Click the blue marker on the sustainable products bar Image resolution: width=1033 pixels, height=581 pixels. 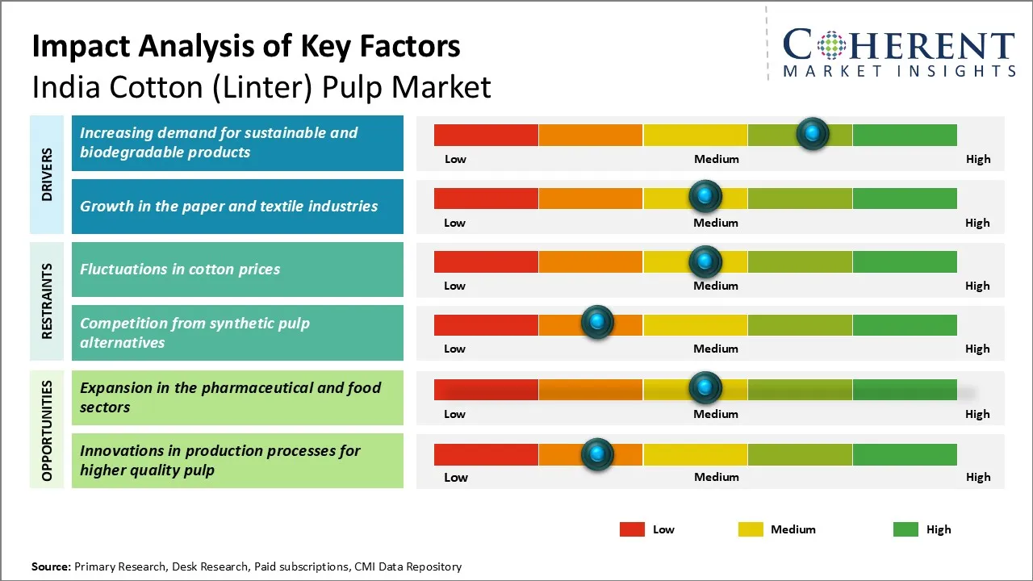[813, 133]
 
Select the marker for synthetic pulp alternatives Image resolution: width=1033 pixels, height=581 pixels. [597, 323]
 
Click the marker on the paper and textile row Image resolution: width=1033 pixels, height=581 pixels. [705, 196]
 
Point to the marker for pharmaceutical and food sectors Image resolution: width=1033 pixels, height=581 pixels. [705, 388]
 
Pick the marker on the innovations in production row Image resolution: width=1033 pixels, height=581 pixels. [597, 454]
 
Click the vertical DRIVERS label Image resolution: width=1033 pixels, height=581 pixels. [47, 174]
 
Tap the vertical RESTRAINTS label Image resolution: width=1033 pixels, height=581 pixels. [47, 300]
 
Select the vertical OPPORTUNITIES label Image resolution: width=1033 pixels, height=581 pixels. [47, 431]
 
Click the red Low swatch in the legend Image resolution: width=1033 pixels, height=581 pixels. [632, 529]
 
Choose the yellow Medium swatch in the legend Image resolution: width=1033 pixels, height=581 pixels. [751, 529]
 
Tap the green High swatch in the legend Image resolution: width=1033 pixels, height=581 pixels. [905, 529]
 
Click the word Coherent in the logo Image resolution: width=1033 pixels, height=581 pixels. [899, 45]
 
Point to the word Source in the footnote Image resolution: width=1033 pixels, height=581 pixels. [51, 566]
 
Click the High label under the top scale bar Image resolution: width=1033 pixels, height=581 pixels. [977, 159]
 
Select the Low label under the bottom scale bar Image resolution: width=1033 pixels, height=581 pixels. [455, 477]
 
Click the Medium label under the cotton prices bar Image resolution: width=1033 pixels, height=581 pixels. [716, 286]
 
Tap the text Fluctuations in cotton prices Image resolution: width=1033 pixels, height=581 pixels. [180, 270]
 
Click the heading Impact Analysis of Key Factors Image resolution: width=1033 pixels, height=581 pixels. [246, 47]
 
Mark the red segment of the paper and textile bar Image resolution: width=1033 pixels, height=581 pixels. [486, 198]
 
